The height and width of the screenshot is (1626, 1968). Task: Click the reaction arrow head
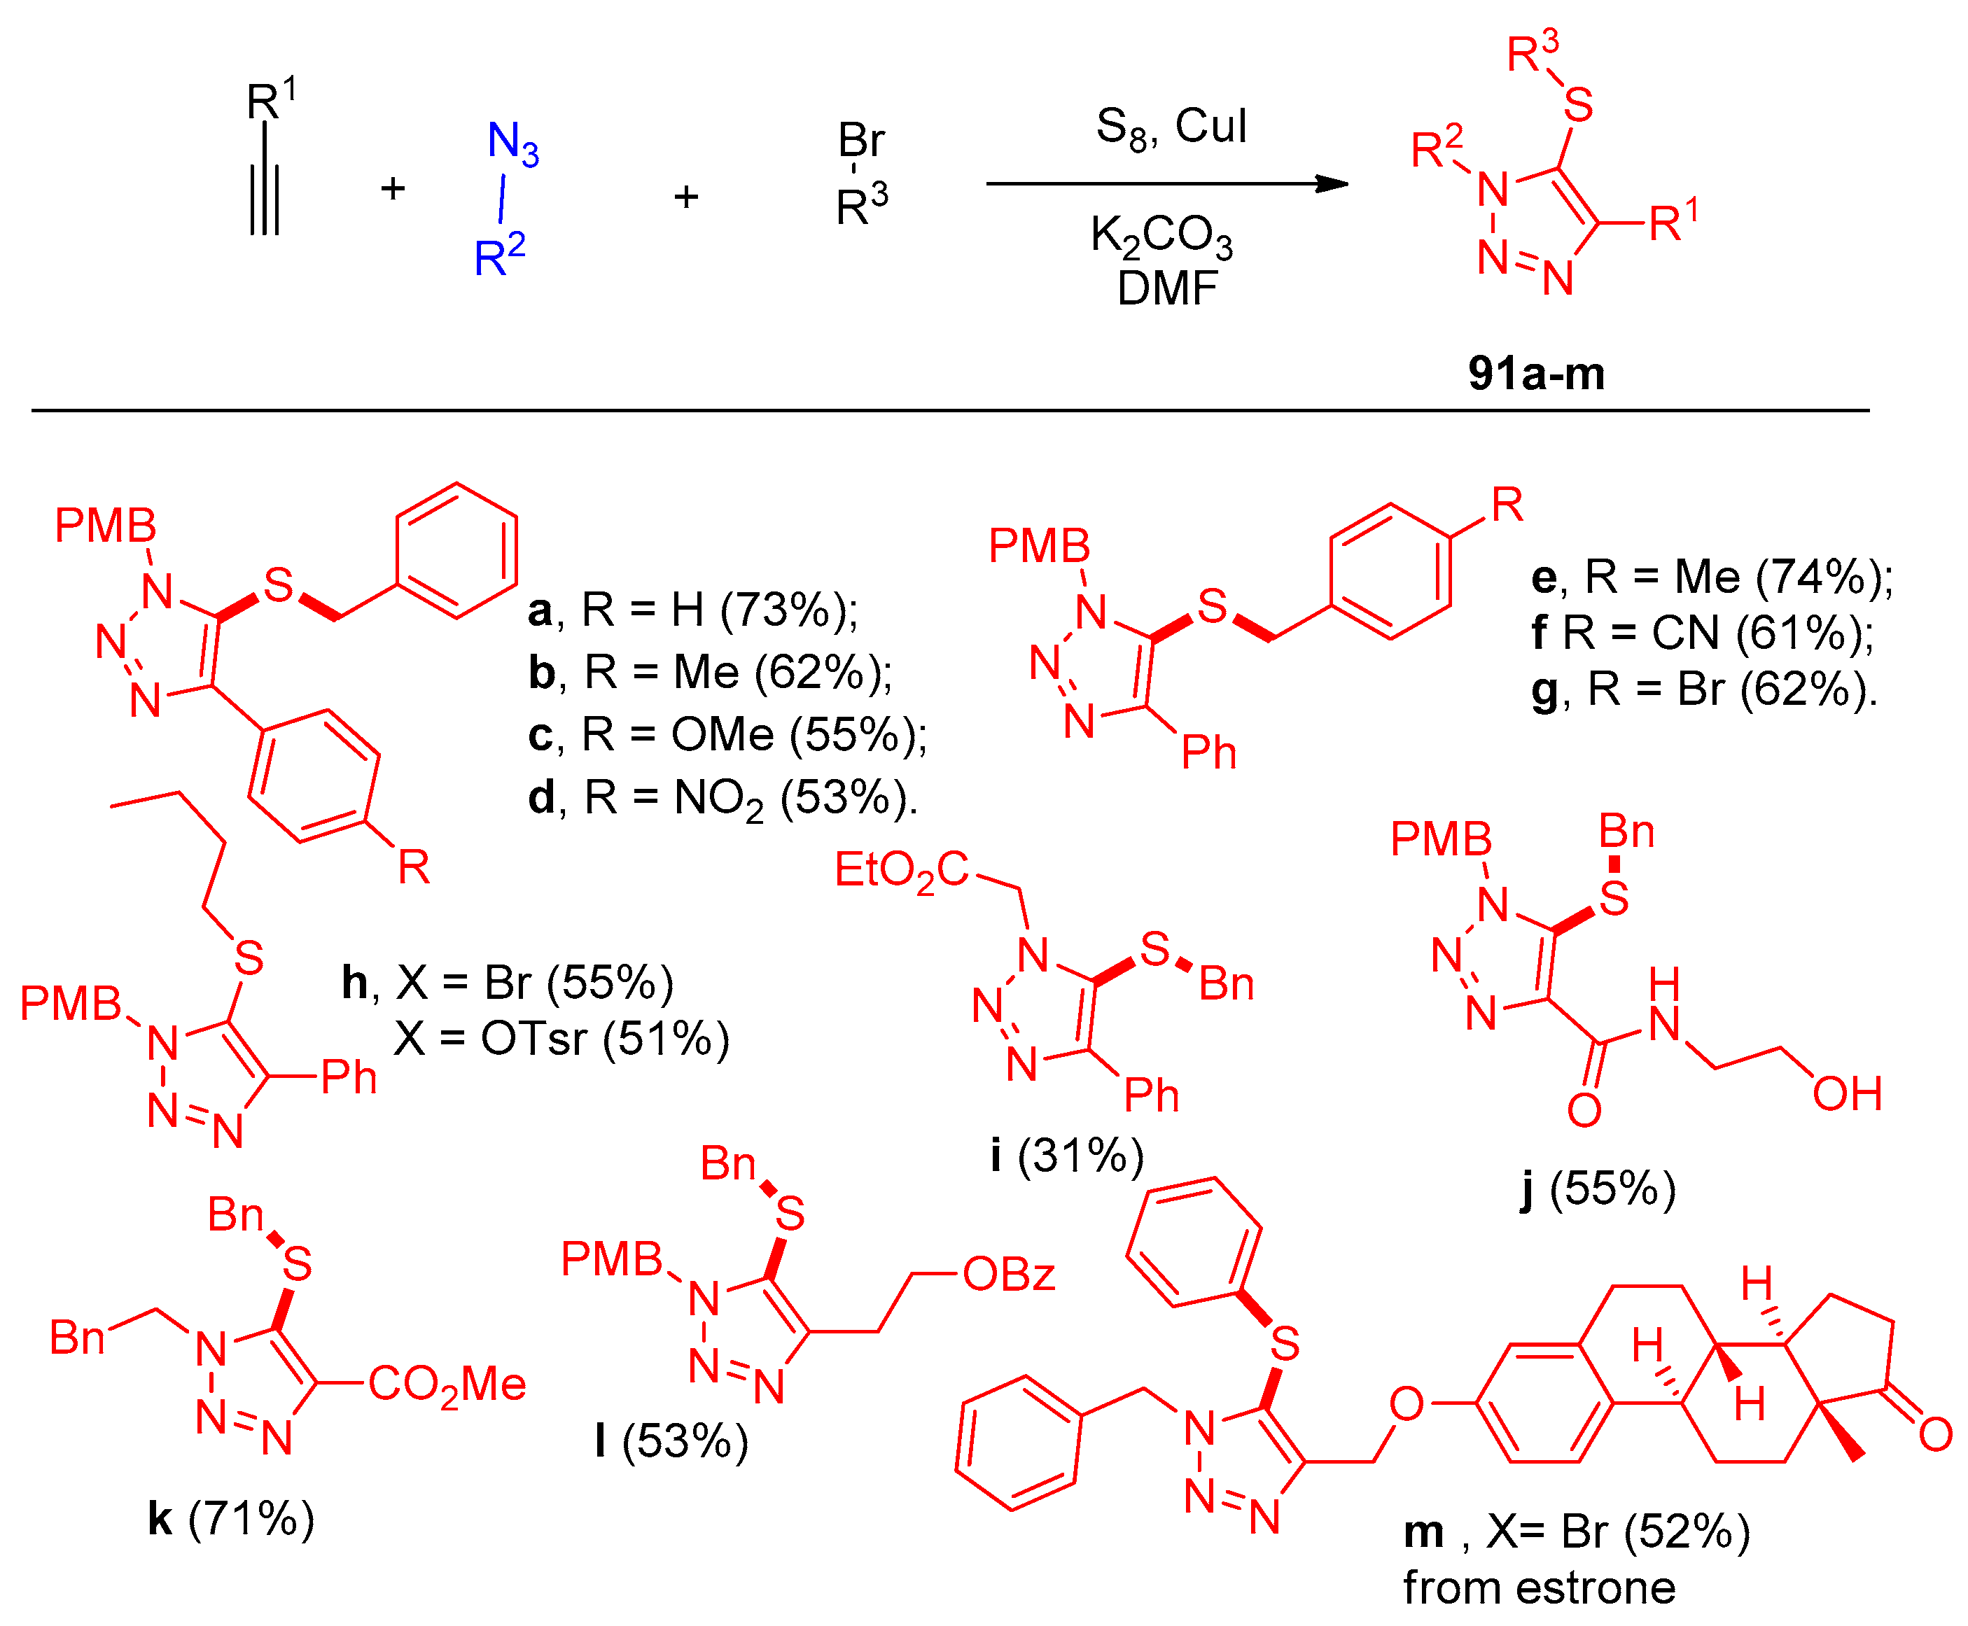tap(1332, 183)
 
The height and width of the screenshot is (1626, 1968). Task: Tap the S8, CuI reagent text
tap(1170, 127)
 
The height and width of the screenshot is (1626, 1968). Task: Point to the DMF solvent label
tap(1166, 288)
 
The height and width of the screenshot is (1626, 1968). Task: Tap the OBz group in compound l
tap(1008, 1274)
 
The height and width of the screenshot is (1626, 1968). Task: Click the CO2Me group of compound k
tap(446, 1385)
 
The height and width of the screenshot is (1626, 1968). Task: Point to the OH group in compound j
tap(1846, 1093)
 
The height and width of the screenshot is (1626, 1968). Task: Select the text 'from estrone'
tap(1538, 1587)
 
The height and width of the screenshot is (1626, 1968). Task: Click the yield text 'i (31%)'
tap(1067, 1155)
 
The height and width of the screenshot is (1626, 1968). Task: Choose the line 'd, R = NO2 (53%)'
tap(723, 798)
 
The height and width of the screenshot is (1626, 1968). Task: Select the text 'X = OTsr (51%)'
tap(560, 1038)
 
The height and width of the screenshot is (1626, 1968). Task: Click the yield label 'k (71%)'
tap(230, 1518)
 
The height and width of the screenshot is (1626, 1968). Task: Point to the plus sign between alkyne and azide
tap(393, 189)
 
